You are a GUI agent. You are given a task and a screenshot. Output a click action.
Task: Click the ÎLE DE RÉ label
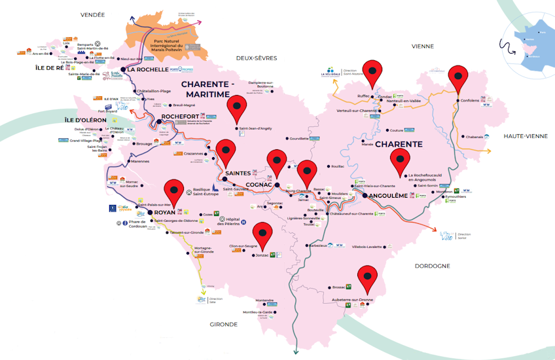click(49, 67)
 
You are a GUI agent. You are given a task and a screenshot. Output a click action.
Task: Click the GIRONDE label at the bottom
click(223, 324)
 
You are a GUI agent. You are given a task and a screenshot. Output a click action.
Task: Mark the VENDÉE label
click(92, 14)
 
